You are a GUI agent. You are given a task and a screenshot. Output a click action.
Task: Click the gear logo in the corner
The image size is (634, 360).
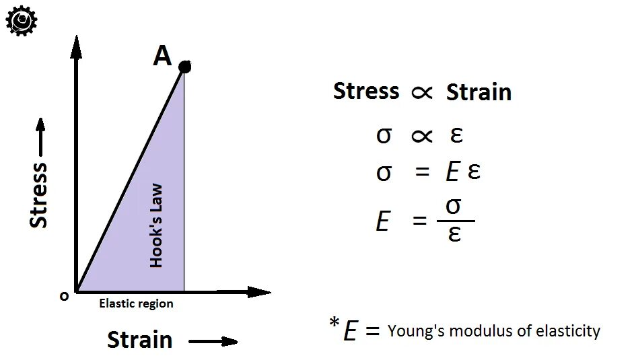[21, 21]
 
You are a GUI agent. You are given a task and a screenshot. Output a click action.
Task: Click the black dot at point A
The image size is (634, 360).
[184, 67]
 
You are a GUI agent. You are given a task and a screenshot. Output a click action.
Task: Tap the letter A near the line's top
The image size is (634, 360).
[162, 57]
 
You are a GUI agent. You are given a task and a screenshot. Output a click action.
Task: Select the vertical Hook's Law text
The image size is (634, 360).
[156, 225]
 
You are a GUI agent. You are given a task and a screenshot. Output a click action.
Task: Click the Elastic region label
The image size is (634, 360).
[136, 303]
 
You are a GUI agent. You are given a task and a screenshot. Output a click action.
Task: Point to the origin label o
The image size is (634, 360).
[64, 296]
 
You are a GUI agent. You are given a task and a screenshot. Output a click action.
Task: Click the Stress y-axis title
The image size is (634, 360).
[39, 195]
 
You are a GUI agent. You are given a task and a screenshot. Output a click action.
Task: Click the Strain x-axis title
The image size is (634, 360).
[139, 340]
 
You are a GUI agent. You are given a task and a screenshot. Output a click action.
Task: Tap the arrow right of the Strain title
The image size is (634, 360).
[213, 342]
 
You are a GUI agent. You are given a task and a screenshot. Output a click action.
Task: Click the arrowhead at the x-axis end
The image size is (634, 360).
[259, 292]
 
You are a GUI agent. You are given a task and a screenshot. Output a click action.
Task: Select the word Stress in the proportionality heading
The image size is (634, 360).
[366, 91]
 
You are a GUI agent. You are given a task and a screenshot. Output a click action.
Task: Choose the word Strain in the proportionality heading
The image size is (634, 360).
[479, 92]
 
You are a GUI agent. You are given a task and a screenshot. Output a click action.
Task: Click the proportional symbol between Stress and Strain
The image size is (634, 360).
[422, 93]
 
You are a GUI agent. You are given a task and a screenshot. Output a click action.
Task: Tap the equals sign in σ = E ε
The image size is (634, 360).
[422, 172]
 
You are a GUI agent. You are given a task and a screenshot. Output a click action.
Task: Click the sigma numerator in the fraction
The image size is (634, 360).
[454, 206]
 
